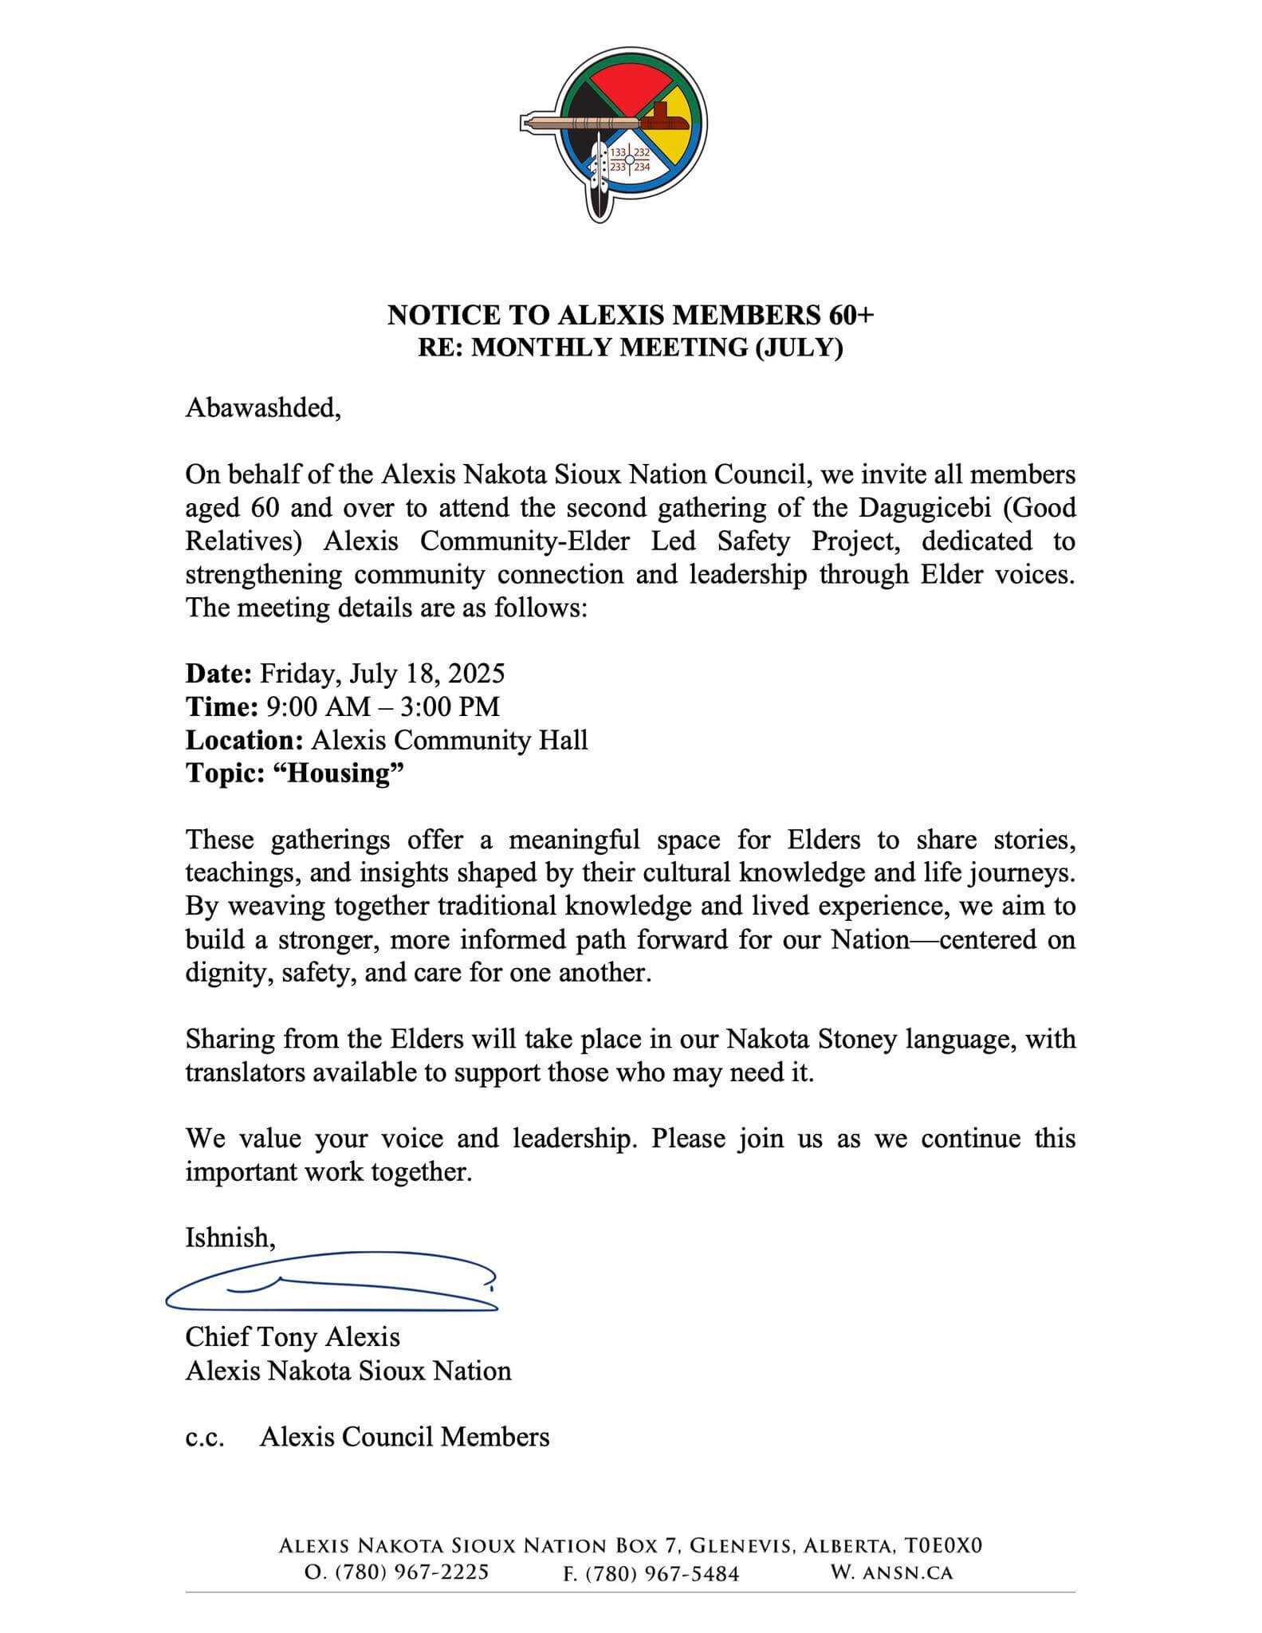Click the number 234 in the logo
coord(642,167)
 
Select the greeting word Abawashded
coord(262,408)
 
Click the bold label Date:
coord(218,674)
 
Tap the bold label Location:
coord(244,741)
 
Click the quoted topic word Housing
coord(340,773)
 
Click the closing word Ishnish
coord(230,1238)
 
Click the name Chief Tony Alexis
coord(293,1337)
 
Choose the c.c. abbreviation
coord(204,1437)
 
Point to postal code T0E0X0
coord(943,1546)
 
